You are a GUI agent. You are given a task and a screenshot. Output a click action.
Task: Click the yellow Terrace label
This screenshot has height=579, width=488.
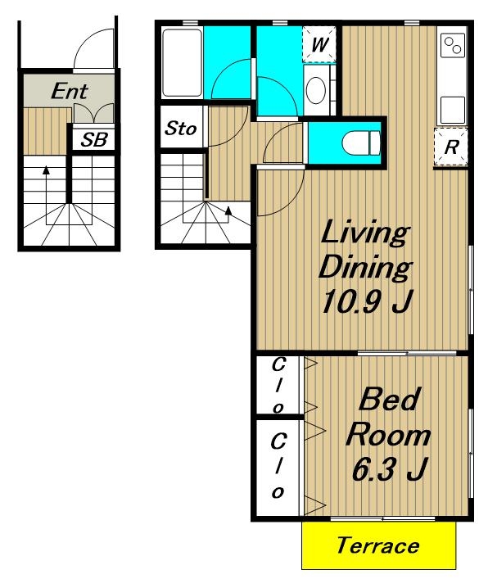click(378, 545)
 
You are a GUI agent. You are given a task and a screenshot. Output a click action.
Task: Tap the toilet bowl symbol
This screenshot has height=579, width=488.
click(361, 142)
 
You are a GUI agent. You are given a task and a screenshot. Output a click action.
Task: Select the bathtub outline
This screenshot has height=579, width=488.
click(183, 63)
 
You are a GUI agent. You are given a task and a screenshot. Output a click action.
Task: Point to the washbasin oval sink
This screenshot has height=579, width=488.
click(316, 90)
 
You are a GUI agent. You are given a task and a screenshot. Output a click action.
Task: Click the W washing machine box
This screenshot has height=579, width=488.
click(319, 44)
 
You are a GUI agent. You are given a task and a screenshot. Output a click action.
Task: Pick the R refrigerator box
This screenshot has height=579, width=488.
click(451, 147)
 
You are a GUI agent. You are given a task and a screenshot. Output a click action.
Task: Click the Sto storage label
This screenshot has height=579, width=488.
click(180, 128)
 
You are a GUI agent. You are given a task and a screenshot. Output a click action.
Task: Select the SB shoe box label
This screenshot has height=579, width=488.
click(94, 139)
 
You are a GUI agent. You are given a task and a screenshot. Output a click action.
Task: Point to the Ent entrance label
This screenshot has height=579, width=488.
click(70, 91)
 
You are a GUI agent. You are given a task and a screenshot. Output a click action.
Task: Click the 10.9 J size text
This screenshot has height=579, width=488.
click(366, 301)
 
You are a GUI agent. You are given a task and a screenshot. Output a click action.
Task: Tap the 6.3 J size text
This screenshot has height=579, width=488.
click(389, 468)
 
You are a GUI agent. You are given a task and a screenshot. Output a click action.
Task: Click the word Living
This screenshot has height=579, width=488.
click(365, 232)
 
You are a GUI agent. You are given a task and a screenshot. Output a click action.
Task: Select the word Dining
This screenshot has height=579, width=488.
click(365, 267)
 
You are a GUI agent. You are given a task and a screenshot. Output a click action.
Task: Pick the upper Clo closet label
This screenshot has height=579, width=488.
click(278, 386)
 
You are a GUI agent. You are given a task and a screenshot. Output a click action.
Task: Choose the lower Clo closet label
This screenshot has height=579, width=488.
click(278, 466)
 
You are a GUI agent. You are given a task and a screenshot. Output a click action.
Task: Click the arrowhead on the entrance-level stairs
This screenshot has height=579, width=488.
click(46, 170)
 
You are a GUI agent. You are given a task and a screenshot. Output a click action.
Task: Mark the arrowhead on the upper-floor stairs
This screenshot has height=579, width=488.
click(228, 210)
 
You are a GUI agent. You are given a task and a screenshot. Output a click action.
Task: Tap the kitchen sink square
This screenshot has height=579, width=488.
click(452, 109)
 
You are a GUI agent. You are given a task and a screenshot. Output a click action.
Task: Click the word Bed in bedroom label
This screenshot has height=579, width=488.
click(390, 399)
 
